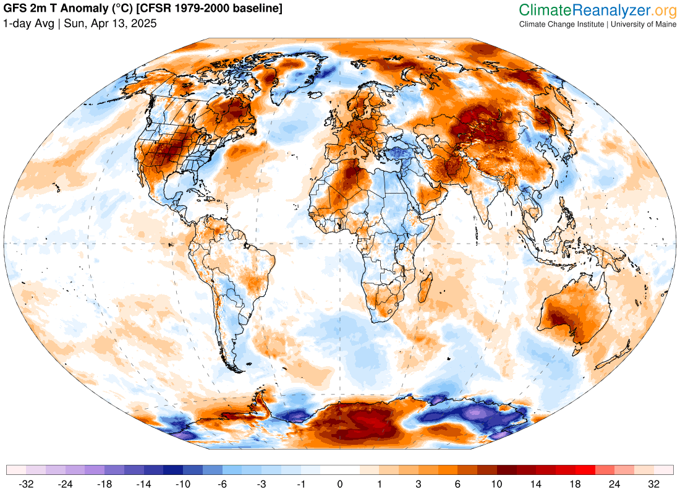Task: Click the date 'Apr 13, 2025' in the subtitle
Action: pos(126,23)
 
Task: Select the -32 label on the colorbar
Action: pos(26,484)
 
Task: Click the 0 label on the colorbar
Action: pos(340,484)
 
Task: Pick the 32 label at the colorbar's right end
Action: pos(654,484)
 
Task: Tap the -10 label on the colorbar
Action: pos(183,484)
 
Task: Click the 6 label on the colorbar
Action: pos(457,484)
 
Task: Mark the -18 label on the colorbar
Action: pos(104,484)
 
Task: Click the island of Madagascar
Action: pos(425,291)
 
